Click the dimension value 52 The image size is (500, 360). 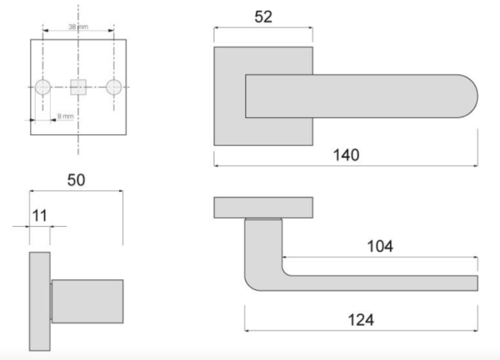[x=264, y=17]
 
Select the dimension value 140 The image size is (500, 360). [x=346, y=154]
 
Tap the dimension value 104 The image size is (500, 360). [x=380, y=246]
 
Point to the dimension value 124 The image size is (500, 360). [x=361, y=319]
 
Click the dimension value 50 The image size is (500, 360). [x=75, y=180]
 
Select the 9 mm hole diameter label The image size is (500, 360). [x=66, y=116]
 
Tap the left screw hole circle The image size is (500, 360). [x=42, y=87]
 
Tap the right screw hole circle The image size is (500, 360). [x=114, y=87]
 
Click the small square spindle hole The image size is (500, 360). [x=78, y=87]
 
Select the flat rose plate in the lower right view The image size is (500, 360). [x=263, y=208]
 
